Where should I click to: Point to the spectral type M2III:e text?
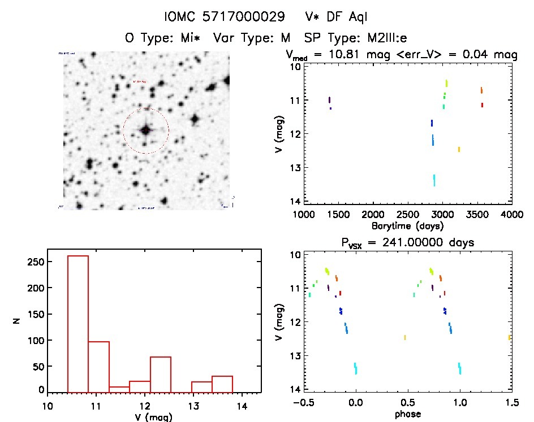(x=377, y=38)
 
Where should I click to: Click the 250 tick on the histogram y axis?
(x=38, y=262)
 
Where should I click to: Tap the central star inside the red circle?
(x=145, y=130)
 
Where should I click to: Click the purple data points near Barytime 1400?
(x=329, y=101)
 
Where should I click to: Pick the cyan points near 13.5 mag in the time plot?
(x=434, y=180)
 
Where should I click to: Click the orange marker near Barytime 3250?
(x=459, y=149)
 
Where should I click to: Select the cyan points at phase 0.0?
(x=355, y=368)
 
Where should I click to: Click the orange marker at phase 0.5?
(x=405, y=337)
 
